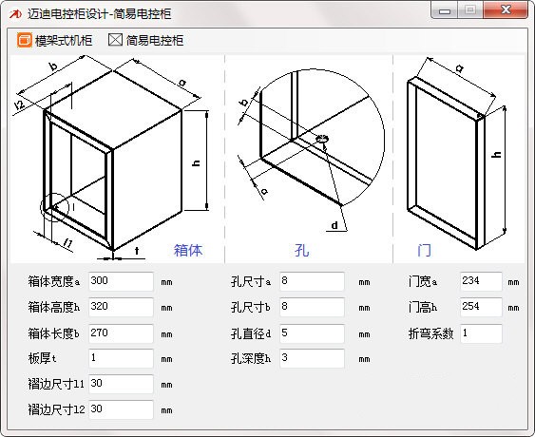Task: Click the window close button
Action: tap(506, 9)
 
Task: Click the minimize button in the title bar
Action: tap(444, 9)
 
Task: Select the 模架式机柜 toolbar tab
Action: tap(54, 40)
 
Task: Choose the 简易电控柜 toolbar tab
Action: tap(145, 40)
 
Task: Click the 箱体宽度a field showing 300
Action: tap(121, 281)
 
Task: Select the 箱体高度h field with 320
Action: tap(121, 307)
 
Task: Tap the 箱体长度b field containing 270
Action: tap(121, 333)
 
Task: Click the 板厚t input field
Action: tap(121, 358)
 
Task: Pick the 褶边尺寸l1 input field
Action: tap(121, 384)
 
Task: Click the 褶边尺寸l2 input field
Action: tap(121, 409)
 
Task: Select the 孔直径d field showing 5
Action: tap(312, 333)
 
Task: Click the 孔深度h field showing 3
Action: tap(312, 358)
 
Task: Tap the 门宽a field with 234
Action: tap(481, 281)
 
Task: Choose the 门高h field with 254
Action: tap(481, 307)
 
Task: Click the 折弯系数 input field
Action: tap(481, 333)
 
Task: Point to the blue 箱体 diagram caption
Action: tap(188, 251)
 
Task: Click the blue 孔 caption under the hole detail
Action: tap(302, 251)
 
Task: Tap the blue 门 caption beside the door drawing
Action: tap(424, 251)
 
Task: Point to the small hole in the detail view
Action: tap(322, 139)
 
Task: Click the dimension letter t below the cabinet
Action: tap(137, 251)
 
